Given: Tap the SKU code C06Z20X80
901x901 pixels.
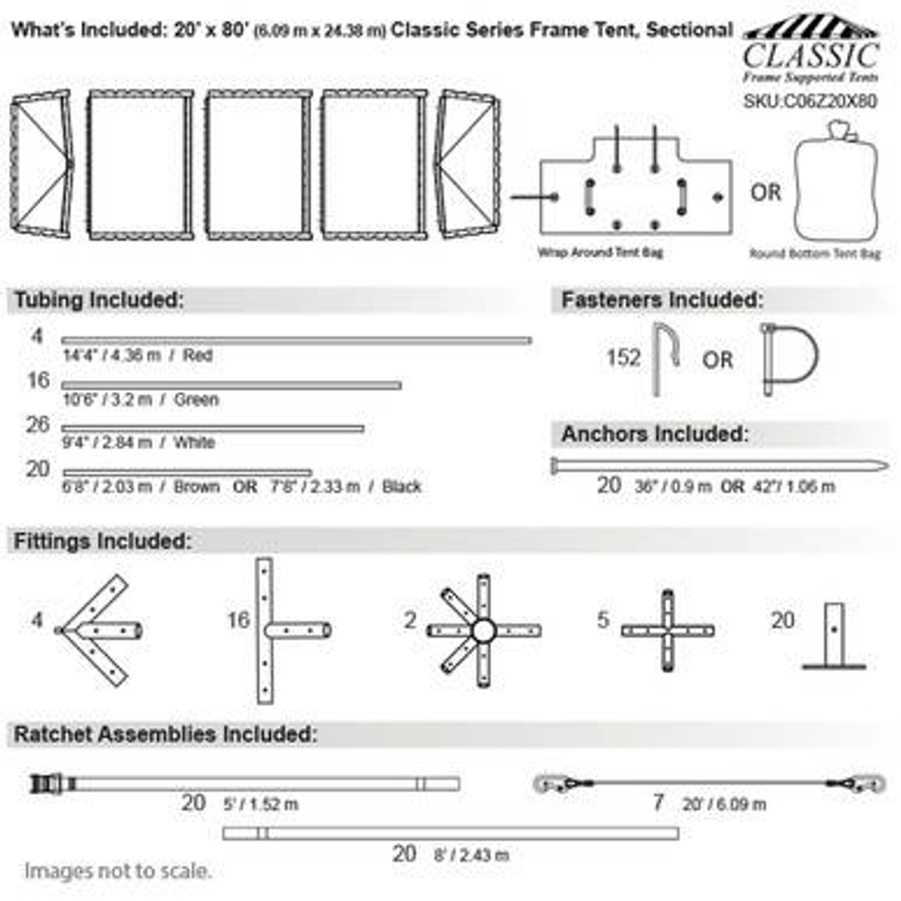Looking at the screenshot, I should click(x=810, y=101).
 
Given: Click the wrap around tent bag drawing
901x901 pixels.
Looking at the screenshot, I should click(x=636, y=187).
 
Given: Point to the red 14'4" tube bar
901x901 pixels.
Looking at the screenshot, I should click(x=296, y=341).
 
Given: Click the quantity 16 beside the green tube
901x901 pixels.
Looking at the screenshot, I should click(x=38, y=381).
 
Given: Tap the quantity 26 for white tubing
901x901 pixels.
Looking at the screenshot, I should click(x=38, y=425).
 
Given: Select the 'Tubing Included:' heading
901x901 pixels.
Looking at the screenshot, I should click(x=99, y=300).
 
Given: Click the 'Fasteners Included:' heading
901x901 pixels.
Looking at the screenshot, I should click(x=662, y=300).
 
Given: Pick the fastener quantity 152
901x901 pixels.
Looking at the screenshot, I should click(x=624, y=358).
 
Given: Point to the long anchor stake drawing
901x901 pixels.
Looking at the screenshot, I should click(x=718, y=465).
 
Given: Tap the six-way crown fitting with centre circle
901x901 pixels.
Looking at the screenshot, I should click(x=484, y=631).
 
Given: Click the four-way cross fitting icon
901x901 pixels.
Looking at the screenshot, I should click(x=667, y=631).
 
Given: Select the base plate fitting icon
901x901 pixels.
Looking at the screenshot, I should click(x=834, y=636).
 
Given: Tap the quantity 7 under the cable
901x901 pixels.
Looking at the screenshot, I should click(x=658, y=802).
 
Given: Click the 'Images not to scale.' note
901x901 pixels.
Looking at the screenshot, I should click(x=118, y=871).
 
